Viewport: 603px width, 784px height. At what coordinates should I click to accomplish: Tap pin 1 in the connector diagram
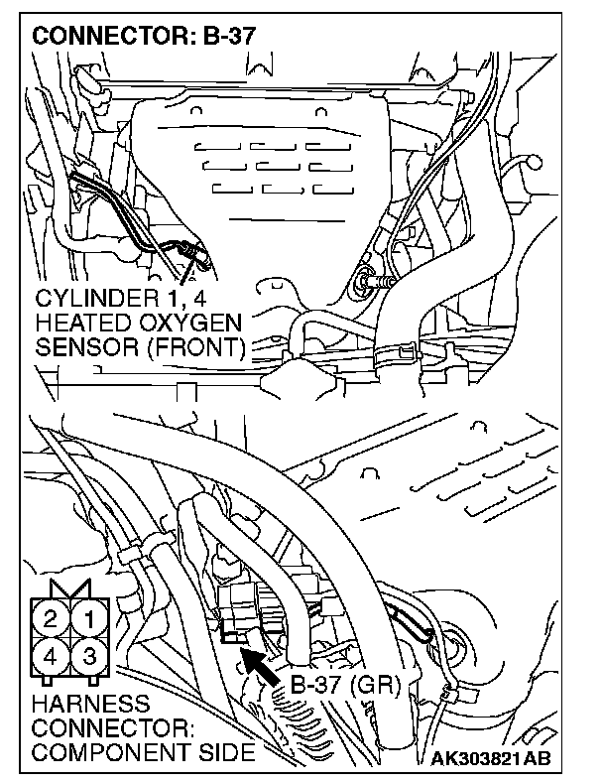pos(88,621)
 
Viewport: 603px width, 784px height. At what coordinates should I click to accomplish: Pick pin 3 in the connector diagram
pos(88,656)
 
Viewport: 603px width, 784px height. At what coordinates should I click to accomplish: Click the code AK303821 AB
pos(493,760)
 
